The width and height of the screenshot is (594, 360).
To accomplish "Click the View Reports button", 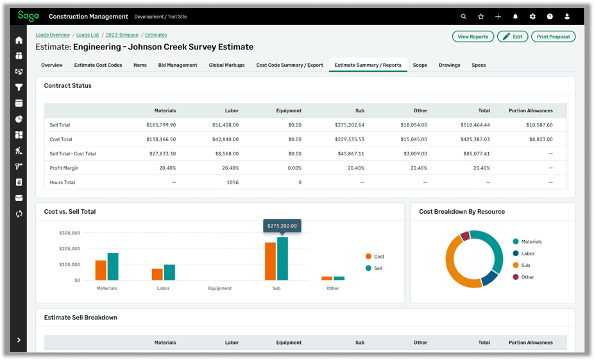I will (473, 37).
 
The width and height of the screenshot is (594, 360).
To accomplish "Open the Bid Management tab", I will (178, 65).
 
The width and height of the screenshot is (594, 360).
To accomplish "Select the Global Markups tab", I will (226, 65).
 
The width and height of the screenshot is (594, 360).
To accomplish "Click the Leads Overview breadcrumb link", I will (53, 35).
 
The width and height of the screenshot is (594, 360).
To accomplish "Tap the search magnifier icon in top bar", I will (464, 17).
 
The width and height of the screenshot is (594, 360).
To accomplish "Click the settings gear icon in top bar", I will (532, 17).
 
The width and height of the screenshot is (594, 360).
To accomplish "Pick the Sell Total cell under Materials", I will (161, 125).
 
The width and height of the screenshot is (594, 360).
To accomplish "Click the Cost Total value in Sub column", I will (350, 139).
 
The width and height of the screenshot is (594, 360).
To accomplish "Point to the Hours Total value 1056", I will (232, 182).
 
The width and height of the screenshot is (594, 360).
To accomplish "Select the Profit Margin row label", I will (64, 168).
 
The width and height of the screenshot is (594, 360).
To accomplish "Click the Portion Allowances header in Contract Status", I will (530, 110).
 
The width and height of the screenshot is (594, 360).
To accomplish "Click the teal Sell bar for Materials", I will (113, 266).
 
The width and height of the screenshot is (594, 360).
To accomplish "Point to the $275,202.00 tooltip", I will (282, 227).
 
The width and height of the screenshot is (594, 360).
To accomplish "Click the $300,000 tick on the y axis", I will (69, 233).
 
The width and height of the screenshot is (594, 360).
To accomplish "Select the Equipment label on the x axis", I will (219, 288).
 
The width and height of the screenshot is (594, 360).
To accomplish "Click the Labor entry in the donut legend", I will (527, 253).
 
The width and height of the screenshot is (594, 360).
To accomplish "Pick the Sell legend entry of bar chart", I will (378, 268).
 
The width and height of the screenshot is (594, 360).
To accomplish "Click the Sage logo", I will (28, 16).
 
